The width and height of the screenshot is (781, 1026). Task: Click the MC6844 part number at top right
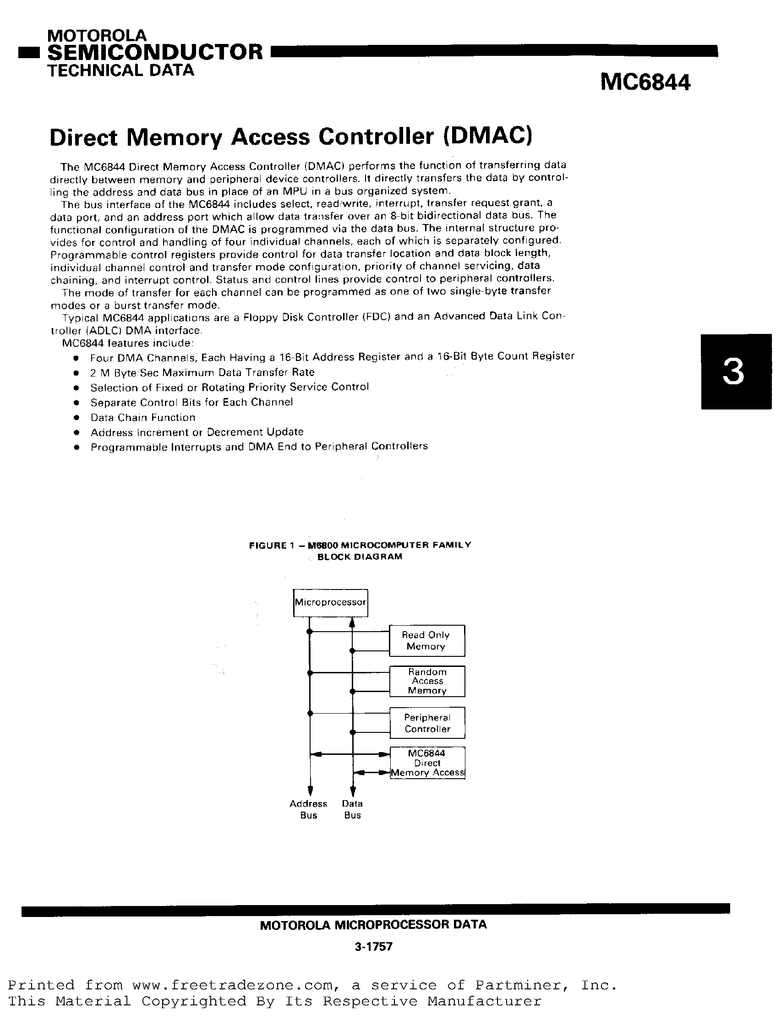[645, 83]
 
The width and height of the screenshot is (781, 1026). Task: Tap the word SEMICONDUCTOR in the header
[155, 52]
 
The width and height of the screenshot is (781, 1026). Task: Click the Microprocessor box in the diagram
[330, 602]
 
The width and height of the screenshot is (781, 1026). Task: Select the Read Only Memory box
[426, 641]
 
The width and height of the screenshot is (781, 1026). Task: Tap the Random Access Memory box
[427, 681]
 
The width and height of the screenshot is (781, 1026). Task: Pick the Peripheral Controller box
[427, 723]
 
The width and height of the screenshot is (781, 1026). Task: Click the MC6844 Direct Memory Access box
[427, 763]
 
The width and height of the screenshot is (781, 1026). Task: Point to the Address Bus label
[308, 809]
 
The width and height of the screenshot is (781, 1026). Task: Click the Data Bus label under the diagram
[352, 809]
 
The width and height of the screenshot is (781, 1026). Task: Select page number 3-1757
[373, 946]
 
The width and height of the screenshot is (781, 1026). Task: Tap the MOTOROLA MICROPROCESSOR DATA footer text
[373, 925]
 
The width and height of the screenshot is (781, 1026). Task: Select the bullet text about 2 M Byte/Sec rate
[202, 372]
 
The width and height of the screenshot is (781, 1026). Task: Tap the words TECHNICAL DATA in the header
[120, 70]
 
